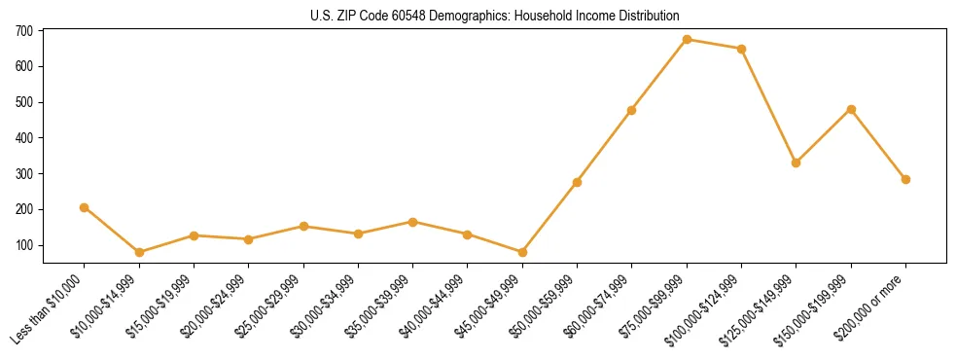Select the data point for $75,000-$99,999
tap(687, 40)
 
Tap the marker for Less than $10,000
tap(85, 207)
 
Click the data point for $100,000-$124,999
tap(741, 49)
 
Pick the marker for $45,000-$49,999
tap(522, 252)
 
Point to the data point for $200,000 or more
tap(905, 179)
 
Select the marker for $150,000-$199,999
tap(851, 109)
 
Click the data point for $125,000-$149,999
tap(796, 162)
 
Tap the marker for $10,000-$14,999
tap(139, 252)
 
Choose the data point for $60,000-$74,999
tap(632, 110)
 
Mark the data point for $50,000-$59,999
tap(577, 182)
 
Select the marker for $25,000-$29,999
tap(303, 226)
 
